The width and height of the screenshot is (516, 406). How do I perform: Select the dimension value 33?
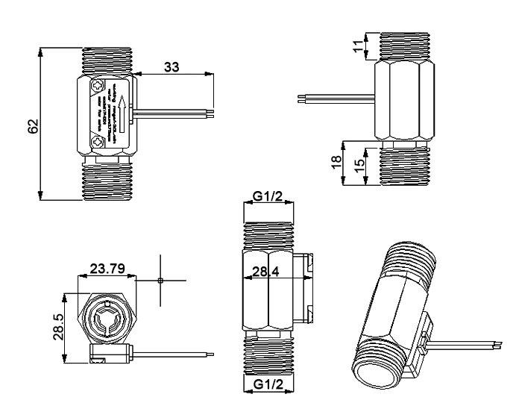click(x=172, y=67)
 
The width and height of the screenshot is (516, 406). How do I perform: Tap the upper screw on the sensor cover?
click(x=97, y=89)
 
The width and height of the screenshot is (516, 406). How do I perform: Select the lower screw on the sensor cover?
click(x=97, y=140)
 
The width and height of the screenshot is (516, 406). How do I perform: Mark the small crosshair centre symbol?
click(x=160, y=281)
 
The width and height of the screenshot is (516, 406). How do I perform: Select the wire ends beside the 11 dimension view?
click(x=301, y=97)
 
